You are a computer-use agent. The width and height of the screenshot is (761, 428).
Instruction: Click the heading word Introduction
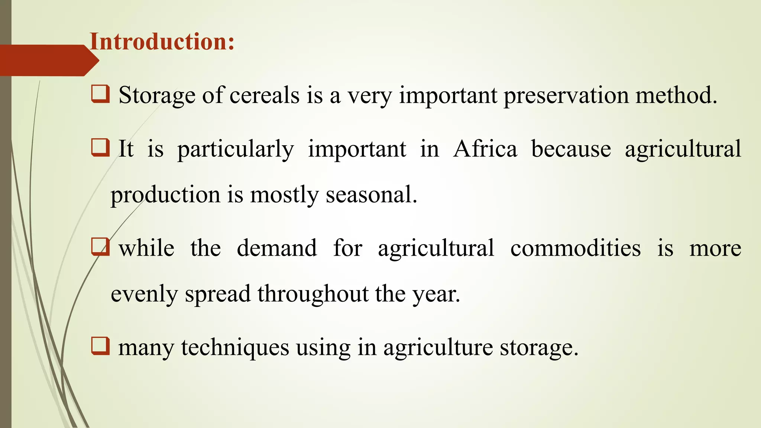pyautogui.click(x=162, y=41)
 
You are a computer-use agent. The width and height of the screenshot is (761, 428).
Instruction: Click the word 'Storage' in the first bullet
pyautogui.click(x=157, y=95)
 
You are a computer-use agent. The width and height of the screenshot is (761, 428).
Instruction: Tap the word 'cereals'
pyautogui.click(x=264, y=95)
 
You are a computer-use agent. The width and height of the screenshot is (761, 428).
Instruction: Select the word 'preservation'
pyautogui.click(x=566, y=95)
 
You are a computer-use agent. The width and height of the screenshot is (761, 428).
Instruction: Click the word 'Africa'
pyautogui.click(x=485, y=149)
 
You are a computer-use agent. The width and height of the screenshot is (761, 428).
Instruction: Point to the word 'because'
pyautogui.click(x=571, y=149)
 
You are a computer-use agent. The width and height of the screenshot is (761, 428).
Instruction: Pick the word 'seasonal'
pyautogui.click(x=371, y=195)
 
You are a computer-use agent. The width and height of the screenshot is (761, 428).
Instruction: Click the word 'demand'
pyautogui.click(x=277, y=248)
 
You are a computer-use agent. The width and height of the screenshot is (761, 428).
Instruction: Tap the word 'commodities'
pyautogui.click(x=575, y=248)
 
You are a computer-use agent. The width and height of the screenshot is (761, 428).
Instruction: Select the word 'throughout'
pyautogui.click(x=313, y=294)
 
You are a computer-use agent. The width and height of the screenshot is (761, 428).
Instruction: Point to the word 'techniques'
pyautogui.click(x=235, y=348)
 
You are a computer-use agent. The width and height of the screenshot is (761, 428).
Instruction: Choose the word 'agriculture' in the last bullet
pyautogui.click(x=438, y=348)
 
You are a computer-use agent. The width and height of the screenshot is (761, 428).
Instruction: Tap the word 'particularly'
pyautogui.click(x=236, y=149)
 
